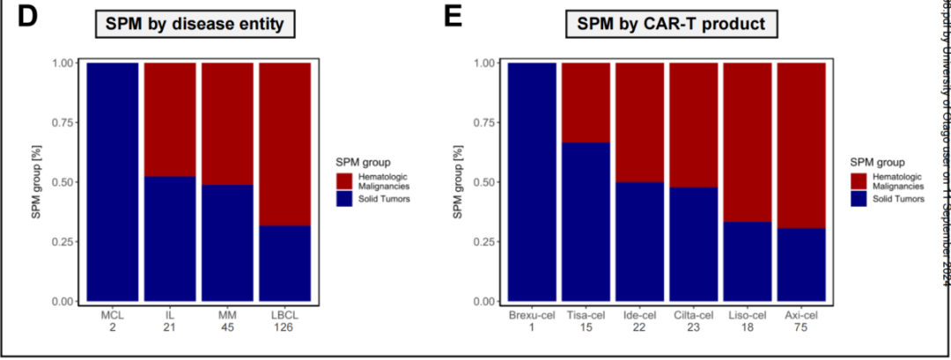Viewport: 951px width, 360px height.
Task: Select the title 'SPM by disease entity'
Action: point(195,25)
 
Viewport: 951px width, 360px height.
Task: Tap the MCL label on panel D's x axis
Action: point(113,314)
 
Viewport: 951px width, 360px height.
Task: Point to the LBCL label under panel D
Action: point(285,314)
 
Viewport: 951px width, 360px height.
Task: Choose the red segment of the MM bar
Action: point(227,123)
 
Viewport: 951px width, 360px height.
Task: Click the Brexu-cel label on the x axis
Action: point(532,314)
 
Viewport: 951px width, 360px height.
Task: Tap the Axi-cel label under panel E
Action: point(801,314)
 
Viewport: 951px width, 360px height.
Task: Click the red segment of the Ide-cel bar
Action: point(640,122)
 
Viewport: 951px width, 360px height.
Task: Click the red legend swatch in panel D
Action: point(345,180)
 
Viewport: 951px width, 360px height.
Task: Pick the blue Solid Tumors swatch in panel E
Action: point(859,199)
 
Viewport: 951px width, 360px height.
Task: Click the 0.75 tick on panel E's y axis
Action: point(483,122)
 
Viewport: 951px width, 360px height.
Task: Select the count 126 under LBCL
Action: point(285,327)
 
